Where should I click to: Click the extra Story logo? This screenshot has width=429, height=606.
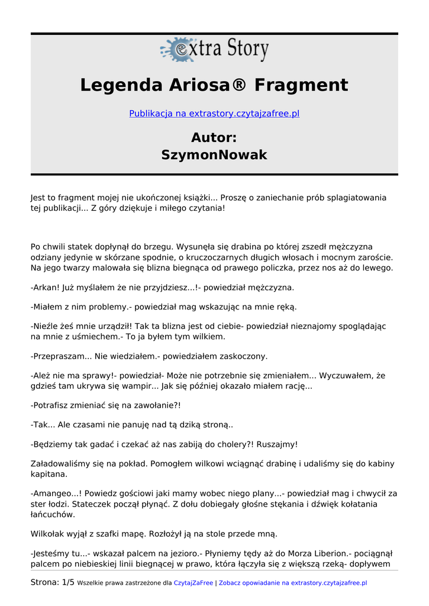coord(214,50)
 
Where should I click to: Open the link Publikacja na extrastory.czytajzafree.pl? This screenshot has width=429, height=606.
coord(214,113)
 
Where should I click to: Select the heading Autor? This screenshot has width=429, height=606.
coord(214,138)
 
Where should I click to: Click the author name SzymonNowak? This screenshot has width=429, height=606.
coord(214,155)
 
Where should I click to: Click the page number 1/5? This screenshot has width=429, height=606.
coord(68,582)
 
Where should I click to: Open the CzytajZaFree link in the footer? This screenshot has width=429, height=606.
coord(193,583)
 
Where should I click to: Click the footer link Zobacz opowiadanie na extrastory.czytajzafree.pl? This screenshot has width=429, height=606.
coord(293,583)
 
